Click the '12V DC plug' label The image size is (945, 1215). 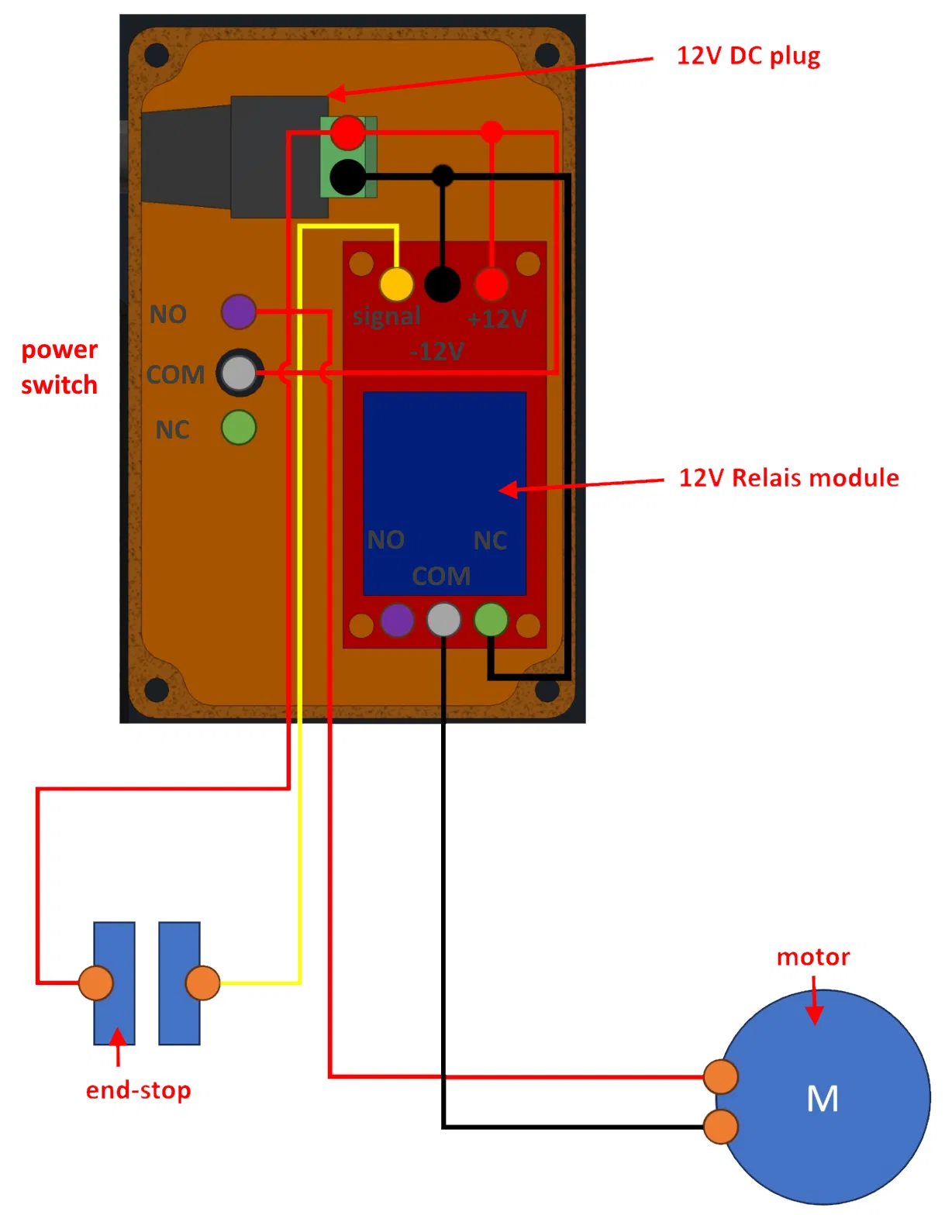click(748, 56)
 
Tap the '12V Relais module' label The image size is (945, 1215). click(788, 478)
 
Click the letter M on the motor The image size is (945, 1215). click(823, 1098)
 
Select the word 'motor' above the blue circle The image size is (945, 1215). click(813, 957)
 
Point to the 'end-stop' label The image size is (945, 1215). click(138, 1090)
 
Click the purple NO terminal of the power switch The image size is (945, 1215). click(239, 311)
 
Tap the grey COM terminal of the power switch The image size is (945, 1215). click(240, 373)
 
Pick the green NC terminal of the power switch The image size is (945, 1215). click(239, 428)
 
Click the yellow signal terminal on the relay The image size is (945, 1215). click(396, 284)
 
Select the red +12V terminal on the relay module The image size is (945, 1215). click(491, 284)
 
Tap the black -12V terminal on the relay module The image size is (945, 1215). click(443, 284)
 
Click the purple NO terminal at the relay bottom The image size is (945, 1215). click(397, 621)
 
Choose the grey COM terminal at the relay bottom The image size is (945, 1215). click(443, 621)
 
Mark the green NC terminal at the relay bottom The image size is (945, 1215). click(491, 620)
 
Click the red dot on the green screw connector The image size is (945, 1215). click(348, 133)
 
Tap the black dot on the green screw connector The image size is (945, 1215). click(347, 177)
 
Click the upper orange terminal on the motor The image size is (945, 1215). click(721, 1076)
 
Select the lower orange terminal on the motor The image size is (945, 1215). click(721, 1127)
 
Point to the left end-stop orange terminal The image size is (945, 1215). click(96, 983)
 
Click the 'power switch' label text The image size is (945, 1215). click(59, 367)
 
